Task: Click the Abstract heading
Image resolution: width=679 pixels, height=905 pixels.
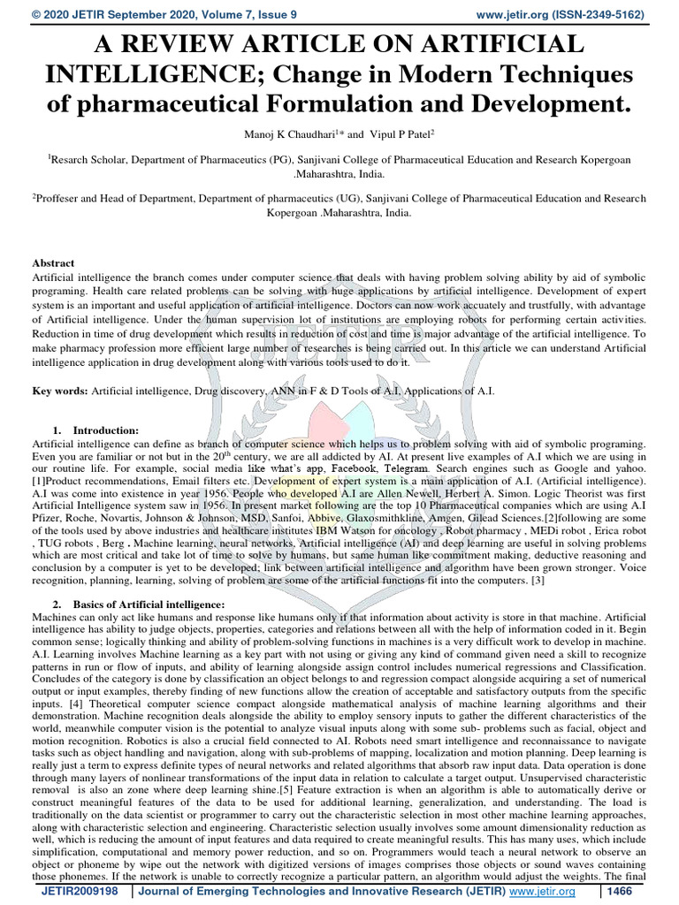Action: click(53, 263)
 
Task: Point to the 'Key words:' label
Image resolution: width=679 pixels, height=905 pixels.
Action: click(59, 390)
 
